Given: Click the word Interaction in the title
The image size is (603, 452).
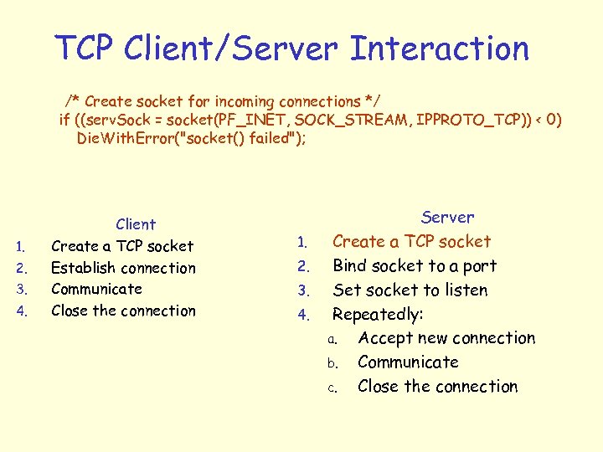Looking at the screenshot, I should coord(439,49).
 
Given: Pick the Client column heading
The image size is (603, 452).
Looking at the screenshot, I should coord(136,224).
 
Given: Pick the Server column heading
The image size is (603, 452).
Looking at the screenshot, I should coord(447,218).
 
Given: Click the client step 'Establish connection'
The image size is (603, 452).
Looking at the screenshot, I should coord(123,268).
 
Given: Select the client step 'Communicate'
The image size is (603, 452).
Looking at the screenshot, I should coord(96,289).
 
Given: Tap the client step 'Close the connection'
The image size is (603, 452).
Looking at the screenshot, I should coord(123,311).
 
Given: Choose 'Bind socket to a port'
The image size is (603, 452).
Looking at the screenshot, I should coord(415,266).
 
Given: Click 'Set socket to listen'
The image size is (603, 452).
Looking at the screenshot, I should coord(410,290).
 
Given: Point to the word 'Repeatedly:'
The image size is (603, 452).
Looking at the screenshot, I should coord(378,315).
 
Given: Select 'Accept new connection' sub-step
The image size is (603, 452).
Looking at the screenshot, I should coord(446,338).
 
